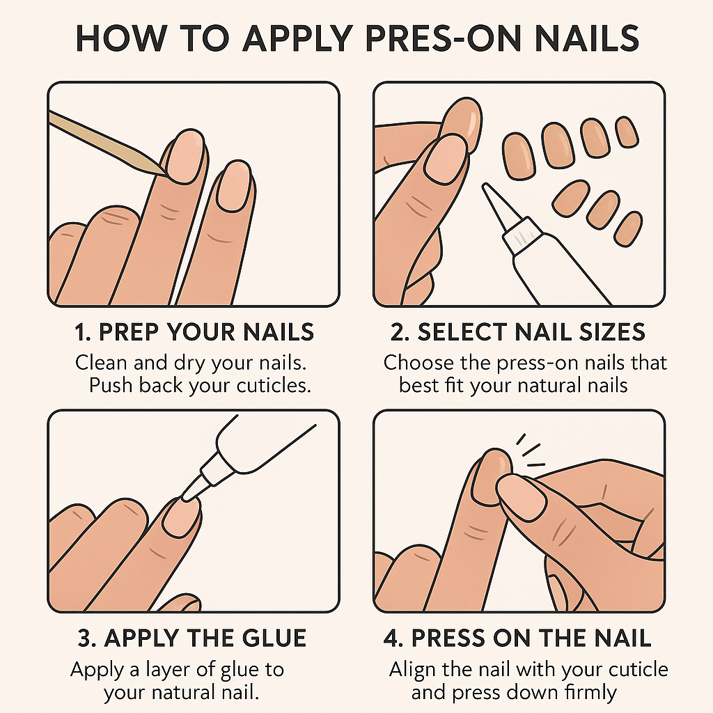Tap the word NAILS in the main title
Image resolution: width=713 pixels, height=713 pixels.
582,39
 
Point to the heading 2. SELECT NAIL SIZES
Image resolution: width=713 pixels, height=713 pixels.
518,332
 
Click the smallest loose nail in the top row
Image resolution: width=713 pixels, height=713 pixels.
627,132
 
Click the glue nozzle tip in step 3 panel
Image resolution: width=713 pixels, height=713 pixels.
186,496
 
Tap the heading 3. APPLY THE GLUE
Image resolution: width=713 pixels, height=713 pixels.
191,637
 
